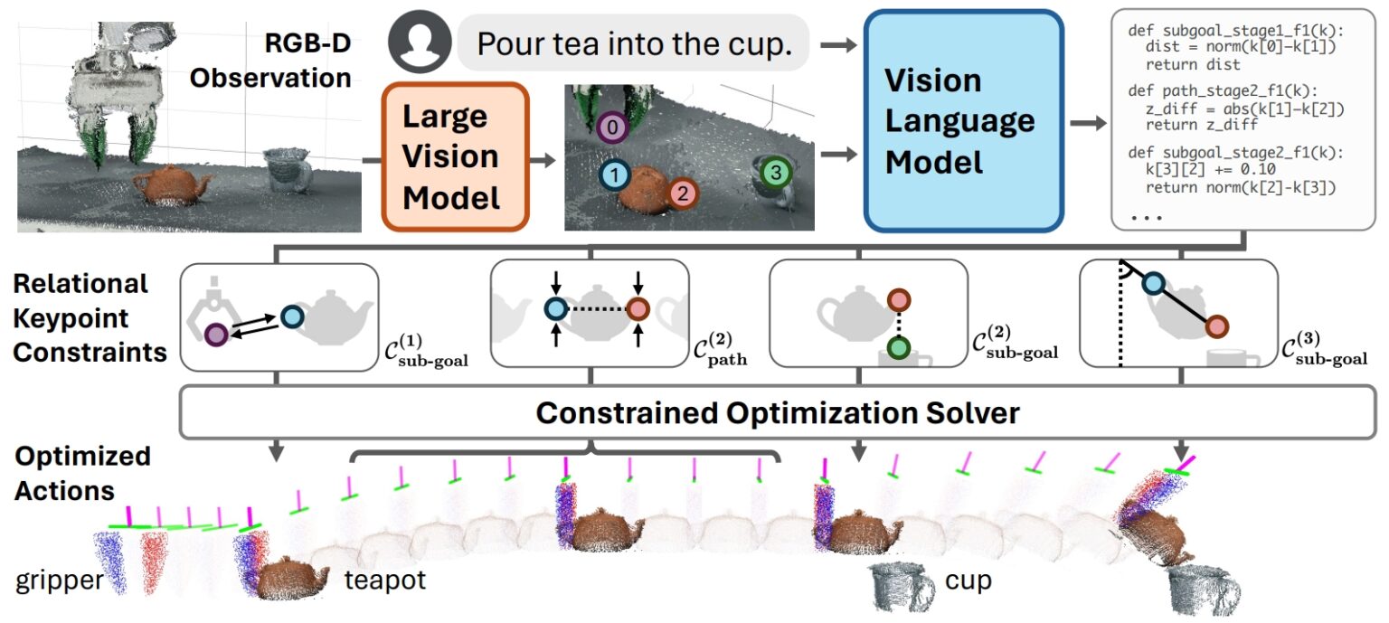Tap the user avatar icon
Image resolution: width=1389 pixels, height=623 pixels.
pyautogui.click(x=418, y=42)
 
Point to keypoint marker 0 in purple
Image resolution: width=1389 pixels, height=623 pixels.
pyautogui.click(x=614, y=128)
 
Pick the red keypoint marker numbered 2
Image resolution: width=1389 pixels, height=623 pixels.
pyautogui.click(x=683, y=192)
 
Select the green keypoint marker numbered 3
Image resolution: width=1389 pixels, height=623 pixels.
pyautogui.click(x=775, y=171)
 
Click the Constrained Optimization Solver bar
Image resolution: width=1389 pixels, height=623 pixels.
pyautogui.click(x=778, y=413)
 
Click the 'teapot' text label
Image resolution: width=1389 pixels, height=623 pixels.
pyautogui.click(x=384, y=580)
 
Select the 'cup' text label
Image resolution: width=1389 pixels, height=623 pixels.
pyautogui.click(x=968, y=580)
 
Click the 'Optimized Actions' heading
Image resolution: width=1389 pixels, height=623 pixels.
pyautogui.click(x=82, y=473)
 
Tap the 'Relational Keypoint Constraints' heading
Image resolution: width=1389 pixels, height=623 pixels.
pyautogui.click(x=86, y=317)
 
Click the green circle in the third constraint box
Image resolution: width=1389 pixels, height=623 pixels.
pyautogui.click(x=898, y=346)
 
